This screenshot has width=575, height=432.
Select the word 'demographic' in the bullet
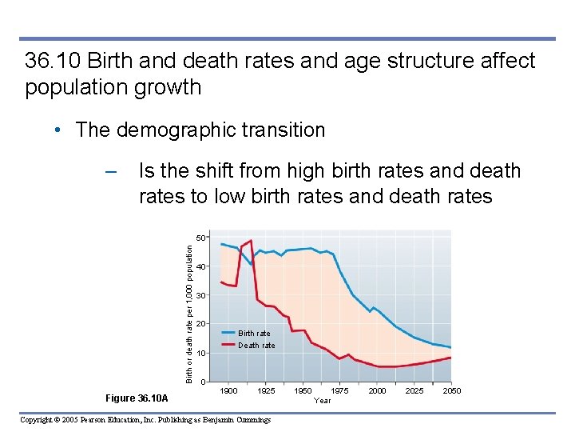[170, 130]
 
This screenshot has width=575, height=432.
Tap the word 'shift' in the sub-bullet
[216, 171]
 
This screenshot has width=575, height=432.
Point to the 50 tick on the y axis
[200, 238]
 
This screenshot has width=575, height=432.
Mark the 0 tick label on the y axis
[203, 382]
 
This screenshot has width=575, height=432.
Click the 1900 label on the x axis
[228, 390]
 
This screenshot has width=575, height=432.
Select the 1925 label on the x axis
[266, 390]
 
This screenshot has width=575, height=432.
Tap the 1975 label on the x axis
[339, 390]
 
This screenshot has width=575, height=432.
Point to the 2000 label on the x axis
[377, 390]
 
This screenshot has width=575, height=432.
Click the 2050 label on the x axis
[451, 390]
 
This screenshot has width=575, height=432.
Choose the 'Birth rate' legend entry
[254, 333]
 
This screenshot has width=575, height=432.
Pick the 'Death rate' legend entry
[256, 346]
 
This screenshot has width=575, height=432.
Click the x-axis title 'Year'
[322, 400]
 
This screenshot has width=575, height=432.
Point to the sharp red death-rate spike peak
[251, 241]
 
